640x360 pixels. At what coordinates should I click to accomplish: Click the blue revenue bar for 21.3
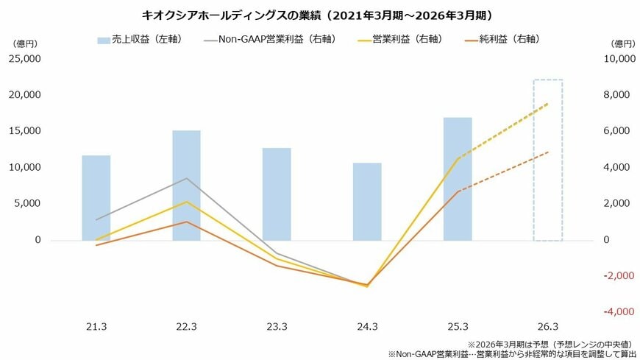point(96,197)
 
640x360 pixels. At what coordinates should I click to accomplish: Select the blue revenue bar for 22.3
point(186,186)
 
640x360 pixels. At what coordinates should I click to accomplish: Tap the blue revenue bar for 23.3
point(277,194)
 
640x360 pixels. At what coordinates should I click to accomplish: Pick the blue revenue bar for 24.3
point(367,202)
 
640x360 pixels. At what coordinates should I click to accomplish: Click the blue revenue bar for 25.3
point(458,179)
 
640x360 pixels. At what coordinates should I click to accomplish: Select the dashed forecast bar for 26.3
point(548,160)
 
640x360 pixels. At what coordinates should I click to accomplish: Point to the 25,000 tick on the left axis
point(26,59)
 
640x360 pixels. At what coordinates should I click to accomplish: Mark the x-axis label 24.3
point(367,326)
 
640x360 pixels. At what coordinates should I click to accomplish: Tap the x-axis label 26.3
point(548,326)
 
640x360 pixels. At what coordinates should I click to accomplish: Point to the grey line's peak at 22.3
point(186,178)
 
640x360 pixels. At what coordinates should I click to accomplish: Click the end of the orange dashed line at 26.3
point(548,152)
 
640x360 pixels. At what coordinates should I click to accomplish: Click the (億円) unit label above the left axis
point(23,43)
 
